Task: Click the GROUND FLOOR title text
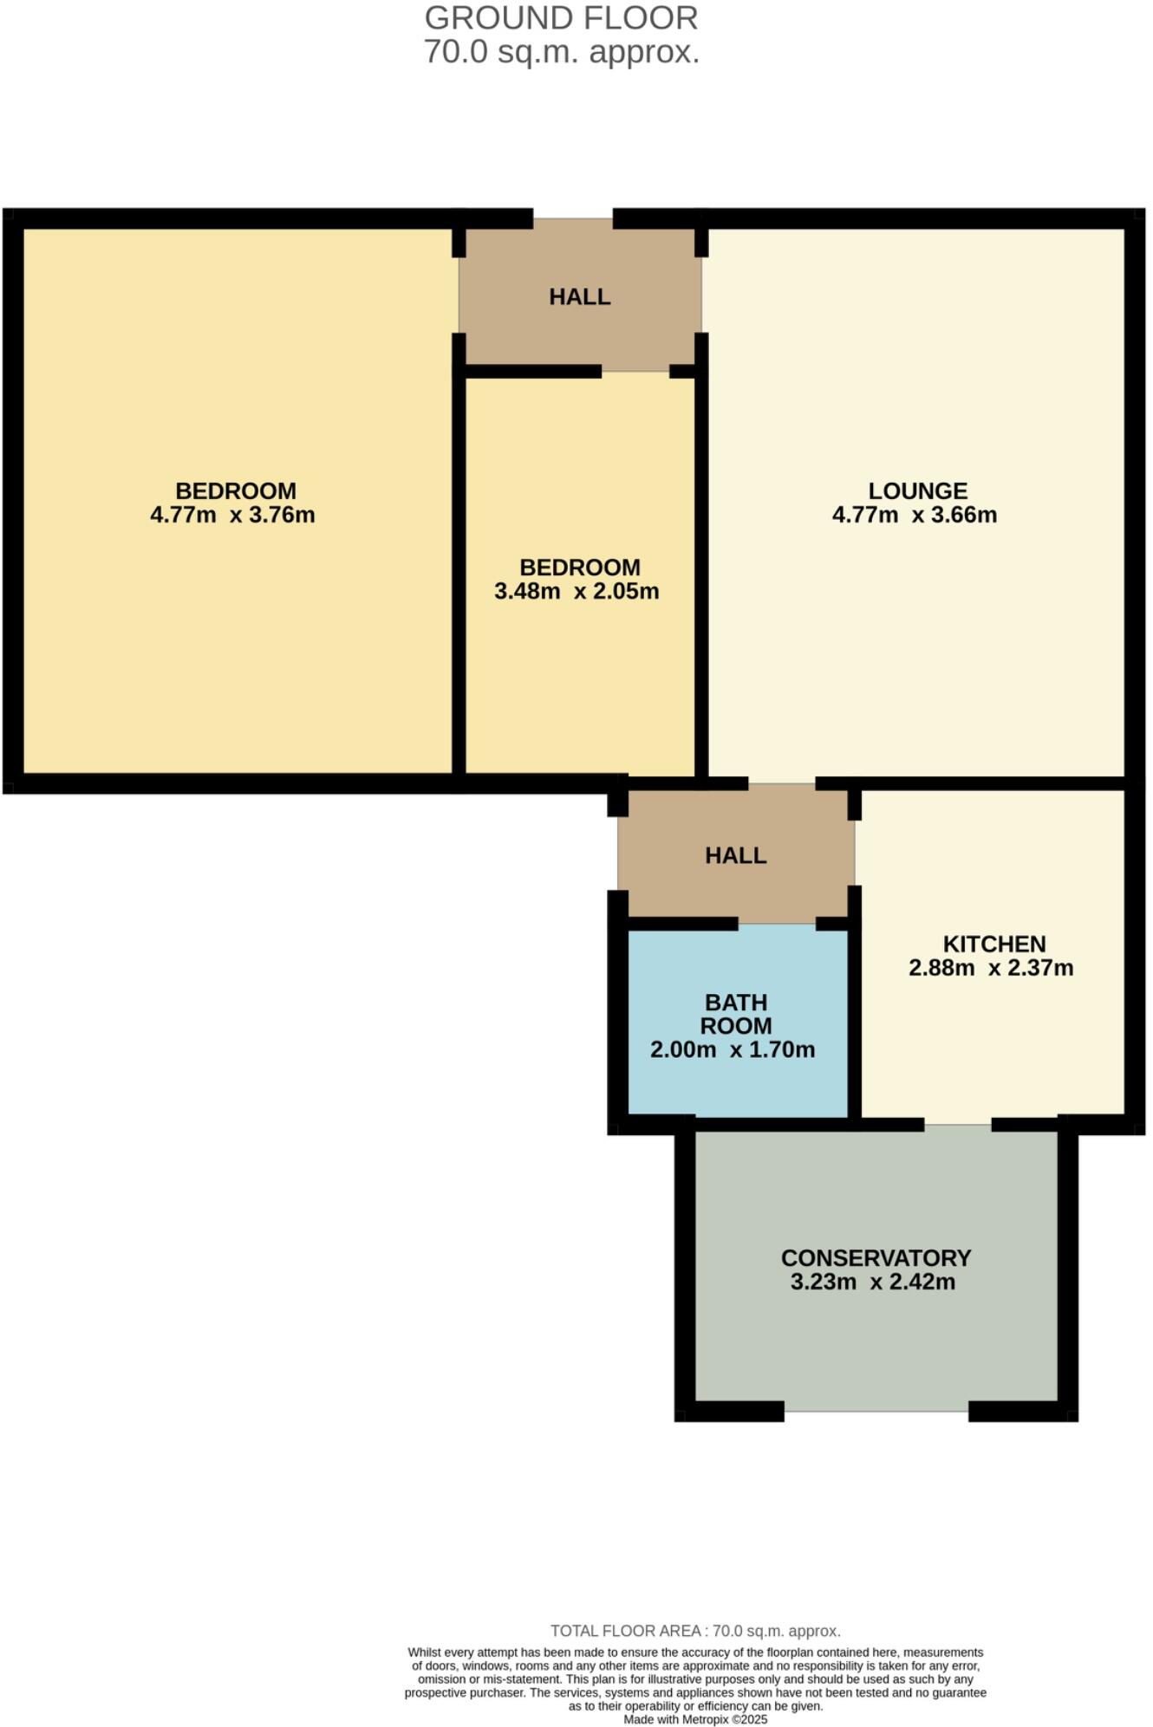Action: [561, 18]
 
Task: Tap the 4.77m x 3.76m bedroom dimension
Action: [232, 515]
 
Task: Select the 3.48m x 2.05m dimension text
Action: [576, 591]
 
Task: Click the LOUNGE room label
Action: [917, 491]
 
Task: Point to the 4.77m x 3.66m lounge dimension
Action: [915, 515]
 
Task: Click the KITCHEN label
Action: [994, 944]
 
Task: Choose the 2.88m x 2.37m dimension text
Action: [991, 968]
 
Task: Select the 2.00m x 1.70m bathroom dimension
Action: [733, 1050]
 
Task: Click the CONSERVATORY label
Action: [876, 1258]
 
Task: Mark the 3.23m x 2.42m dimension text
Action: [873, 1282]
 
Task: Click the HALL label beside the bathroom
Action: [736, 856]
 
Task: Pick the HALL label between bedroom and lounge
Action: [580, 297]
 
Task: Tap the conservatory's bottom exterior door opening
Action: [876, 1411]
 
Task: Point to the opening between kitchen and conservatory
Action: [957, 1125]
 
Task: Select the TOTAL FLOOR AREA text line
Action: [695, 1631]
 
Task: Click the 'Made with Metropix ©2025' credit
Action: [695, 1719]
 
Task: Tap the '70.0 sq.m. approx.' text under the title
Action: [561, 53]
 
